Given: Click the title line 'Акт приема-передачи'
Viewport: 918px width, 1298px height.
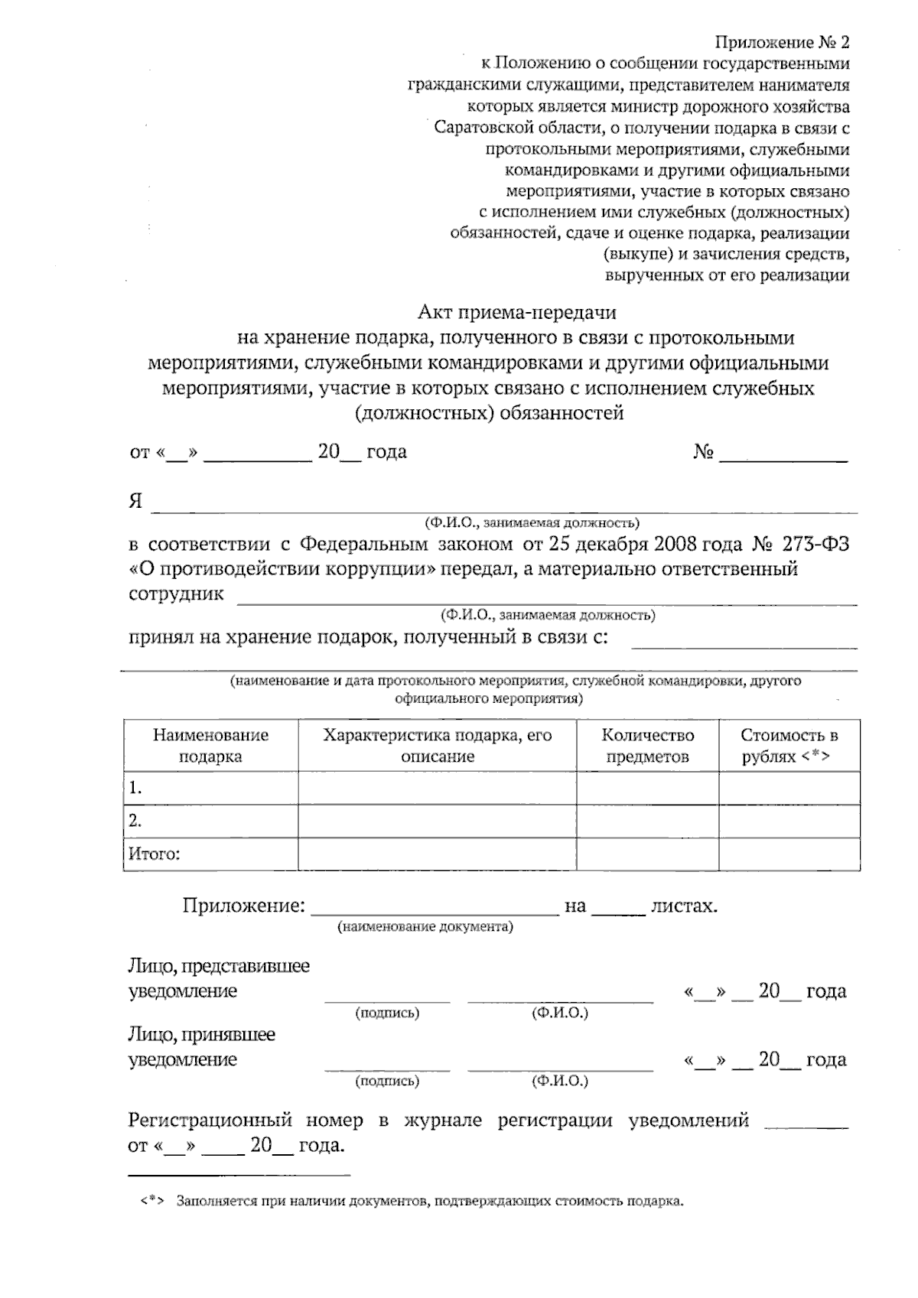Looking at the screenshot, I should pos(516,312).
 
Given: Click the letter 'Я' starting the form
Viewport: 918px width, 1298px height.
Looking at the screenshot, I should pos(136,502).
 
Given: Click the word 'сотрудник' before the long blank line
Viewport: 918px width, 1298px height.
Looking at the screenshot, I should pos(176,594).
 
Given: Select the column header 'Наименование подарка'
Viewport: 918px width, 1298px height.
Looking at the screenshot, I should pos(210,746).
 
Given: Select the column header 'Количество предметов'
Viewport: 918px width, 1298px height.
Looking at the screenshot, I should pos(647,746).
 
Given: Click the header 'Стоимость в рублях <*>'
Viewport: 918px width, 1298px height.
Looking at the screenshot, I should pos(789,746).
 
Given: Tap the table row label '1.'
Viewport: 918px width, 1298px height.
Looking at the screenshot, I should pos(136,788).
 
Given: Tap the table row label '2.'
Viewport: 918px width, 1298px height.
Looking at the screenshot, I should pos(136,821).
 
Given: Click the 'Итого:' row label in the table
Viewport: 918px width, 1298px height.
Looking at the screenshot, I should pos(154,854).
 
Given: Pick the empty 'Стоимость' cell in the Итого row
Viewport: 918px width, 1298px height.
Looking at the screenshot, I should pos(789,854).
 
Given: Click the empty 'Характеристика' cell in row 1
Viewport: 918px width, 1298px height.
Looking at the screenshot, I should pos(437,788).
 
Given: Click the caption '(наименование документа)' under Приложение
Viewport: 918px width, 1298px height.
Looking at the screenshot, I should pos(425,927).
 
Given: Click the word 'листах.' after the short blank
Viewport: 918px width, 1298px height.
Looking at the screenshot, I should pos(683,906).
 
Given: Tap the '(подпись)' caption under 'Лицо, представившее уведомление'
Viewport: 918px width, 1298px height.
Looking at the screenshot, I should pos(387,1013).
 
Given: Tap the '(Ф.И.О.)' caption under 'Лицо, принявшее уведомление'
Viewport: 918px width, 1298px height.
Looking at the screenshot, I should pos(560,1081).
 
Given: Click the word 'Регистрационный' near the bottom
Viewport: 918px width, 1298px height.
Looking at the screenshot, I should pos(210,1121).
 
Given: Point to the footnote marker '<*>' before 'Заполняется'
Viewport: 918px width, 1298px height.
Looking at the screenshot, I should pos(153,1201).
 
